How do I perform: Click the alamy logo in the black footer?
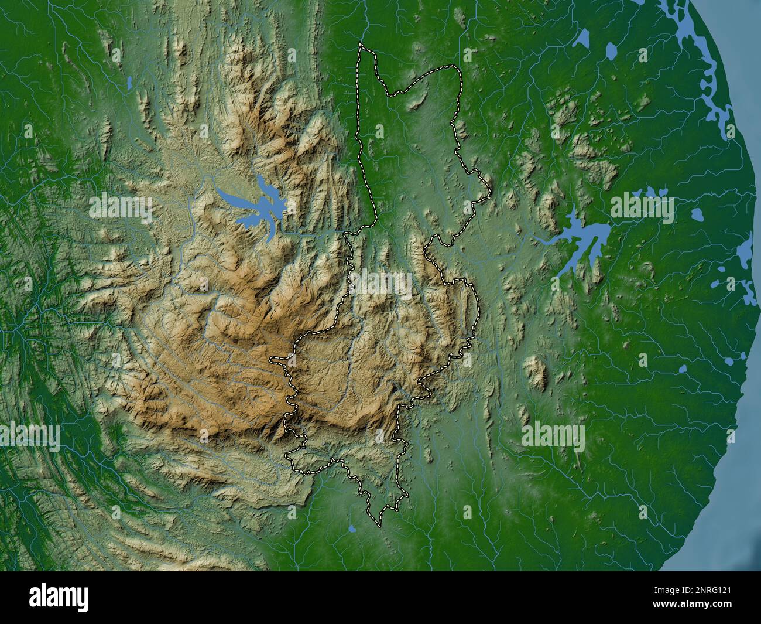[60, 598]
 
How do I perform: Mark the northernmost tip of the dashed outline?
[361, 45]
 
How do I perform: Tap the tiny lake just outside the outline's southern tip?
[351, 528]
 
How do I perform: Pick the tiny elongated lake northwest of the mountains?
[129, 83]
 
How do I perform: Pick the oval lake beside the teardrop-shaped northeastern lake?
[611, 52]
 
